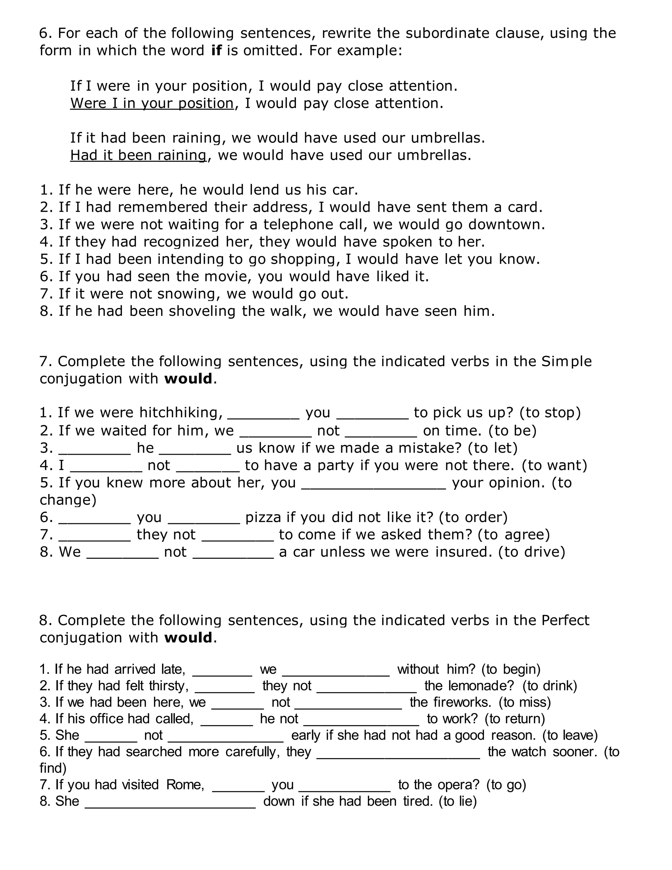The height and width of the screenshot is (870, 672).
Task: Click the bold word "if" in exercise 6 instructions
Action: tap(216, 51)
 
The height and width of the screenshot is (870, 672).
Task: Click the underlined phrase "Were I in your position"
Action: tap(152, 103)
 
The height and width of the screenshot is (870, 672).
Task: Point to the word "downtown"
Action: tap(506, 225)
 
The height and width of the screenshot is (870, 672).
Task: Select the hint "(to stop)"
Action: tap(550, 413)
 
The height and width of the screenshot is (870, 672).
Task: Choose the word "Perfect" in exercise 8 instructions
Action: tap(565, 620)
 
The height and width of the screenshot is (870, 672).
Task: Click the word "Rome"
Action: tap(185, 784)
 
